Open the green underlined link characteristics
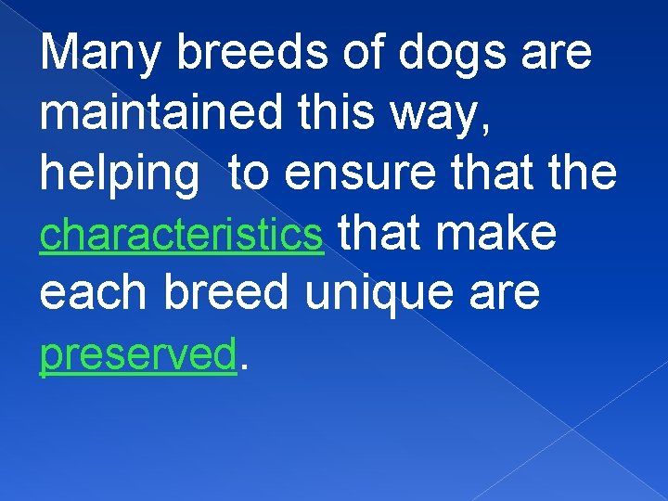[x=182, y=235]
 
